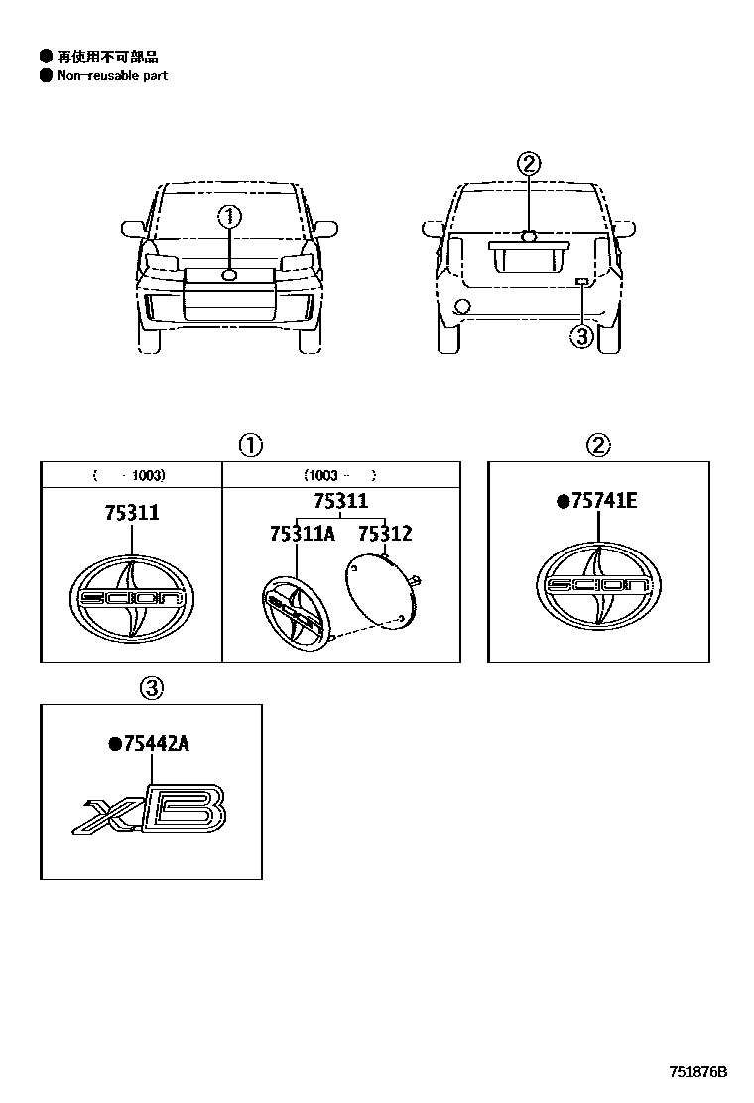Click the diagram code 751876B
(x=697, y=1072)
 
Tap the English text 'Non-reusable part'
(x=111, y=75)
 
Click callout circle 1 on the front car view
(x=230, y=216)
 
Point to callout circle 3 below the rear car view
(x=581, y=336)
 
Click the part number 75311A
(x=302, y=534)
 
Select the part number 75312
(x=385, y=534)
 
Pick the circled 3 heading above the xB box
(x=151, y=687)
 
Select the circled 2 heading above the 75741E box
(x=598, y=445)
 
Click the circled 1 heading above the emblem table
(x=250, y=445)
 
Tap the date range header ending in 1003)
(x=130, y=475)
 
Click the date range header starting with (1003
(x=340, y=475)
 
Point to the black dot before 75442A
(x=115, y=744)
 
